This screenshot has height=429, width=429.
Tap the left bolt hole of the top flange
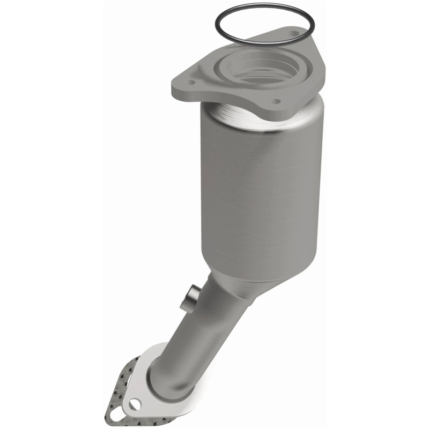(x=189, y=83)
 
